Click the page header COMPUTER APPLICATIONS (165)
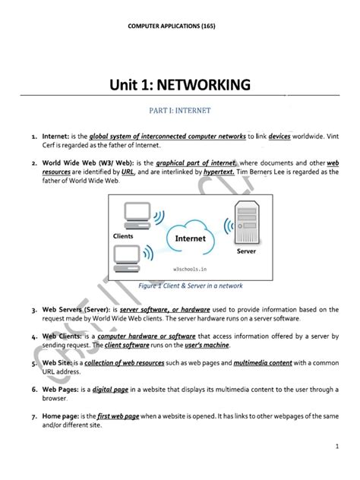click(x=172, y=26)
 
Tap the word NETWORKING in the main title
click(x=204, y=85)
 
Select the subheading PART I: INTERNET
click(x=180, y=111)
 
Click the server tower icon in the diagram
click(x=247, y=223)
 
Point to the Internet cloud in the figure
click(x=191, y=237)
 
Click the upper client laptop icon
click(x=137, y=216)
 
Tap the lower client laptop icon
click(x=127, y=259)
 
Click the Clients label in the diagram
click(x=123, y=236)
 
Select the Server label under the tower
click(x=246, y=251)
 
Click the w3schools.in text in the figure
click(x=190, y=270)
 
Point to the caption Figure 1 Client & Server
click(x=191, y=286)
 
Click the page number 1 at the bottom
click(x=337, y=447)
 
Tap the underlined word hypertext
click(x=219, y=172)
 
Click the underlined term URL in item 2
click(x=128, y=172)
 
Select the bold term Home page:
click(x=61, y=416)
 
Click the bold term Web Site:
click(x=57, y=363)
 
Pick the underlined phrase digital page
click(x=110, y=390)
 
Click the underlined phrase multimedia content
click(x=263, y=363)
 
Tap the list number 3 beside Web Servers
click(x=34, y=311)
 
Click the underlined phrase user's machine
click(x=207, y=345)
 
